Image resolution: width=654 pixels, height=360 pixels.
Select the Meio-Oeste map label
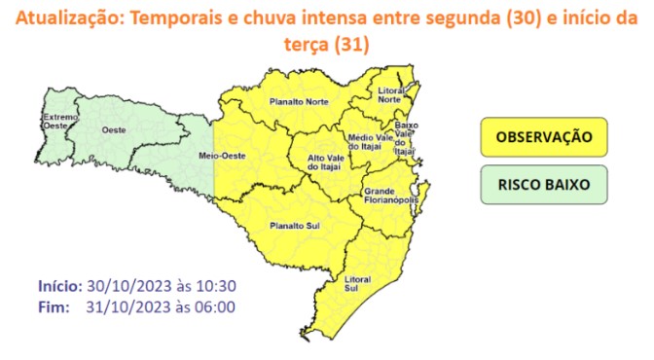220,156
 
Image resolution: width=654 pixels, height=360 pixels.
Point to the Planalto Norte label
298,99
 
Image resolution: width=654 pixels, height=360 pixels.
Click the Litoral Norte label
390,95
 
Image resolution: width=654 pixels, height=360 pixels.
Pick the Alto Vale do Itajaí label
327,163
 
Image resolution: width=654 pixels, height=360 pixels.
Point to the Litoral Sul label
357,284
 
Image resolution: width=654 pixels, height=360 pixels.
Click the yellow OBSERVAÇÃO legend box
543,136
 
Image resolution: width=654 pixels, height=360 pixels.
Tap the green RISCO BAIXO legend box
543,184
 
